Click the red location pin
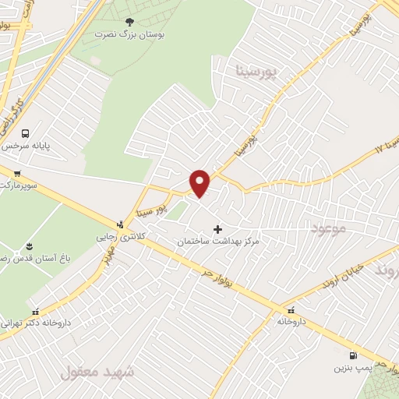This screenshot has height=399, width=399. [x=200, y=183]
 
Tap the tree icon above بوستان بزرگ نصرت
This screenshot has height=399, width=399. [x=129, y=22]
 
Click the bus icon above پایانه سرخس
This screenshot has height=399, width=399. [x=26, y=133]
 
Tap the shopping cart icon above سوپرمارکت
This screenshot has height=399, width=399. [x=17, y=174]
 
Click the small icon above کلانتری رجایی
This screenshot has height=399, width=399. [x=119, y=223]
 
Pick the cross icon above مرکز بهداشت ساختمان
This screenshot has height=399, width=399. [x=217, y=229]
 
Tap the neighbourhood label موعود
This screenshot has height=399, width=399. [x=327, y=228]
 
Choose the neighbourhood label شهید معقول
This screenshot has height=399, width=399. [x=97, y=373]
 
